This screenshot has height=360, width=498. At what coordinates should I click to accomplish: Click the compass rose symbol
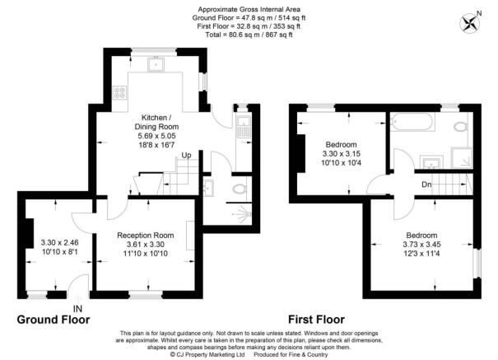[x=470, y=23]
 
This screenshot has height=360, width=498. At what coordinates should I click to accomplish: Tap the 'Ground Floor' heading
[x=54, y=320]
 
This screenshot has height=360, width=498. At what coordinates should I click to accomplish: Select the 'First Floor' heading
[x=316, y=320]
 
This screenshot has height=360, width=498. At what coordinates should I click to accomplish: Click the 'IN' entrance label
[x=78, y=309]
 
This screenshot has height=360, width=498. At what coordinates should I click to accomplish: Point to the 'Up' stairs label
[x=186, y=156]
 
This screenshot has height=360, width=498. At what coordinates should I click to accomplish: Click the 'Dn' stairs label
[x=427, y=185]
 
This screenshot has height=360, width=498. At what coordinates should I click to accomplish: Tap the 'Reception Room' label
[x=146, y=236]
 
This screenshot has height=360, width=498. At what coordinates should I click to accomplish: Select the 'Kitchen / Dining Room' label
[x=156, y=122]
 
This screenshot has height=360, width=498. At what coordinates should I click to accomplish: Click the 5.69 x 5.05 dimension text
[x=156, y=136]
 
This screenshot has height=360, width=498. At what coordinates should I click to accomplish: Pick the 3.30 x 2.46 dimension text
[x=60, y=243]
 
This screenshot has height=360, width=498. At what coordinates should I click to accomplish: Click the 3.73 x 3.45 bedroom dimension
[x=421, y=245]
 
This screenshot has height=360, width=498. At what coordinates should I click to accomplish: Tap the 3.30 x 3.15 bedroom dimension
[x=341, y=154]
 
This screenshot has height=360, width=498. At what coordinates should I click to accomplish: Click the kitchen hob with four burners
[x=120, y=92]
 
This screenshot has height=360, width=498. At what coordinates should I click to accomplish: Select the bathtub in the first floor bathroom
[x=412, y=122]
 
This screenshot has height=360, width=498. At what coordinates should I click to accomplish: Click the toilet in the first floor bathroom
[x=461, y=127]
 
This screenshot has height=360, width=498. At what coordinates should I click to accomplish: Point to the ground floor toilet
[x=240, y=189]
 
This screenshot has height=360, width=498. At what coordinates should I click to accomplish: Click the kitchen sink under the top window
[x=156, y=64]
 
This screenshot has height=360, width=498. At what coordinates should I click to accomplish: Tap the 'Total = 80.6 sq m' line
[x=249, y=35]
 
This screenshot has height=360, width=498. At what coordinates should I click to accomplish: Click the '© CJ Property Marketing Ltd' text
[x=207, y=354]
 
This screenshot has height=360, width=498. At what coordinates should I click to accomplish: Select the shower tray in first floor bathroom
[x=462, y=157]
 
